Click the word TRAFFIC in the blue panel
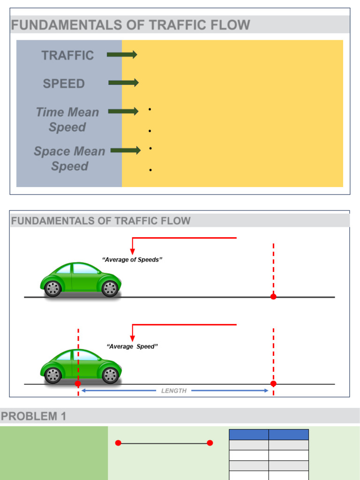pyautogui.click(x=67, y=55)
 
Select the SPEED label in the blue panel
pyautogui.click(x=64, y=84)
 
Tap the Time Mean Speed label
pyautogui.click(x=67, y=120)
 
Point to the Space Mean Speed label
pyautogui.click(x=69, y=158)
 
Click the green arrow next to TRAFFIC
pyautogui.click(x=122, y=55)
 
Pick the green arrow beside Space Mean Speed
pyautogui.click(x=126, y=150)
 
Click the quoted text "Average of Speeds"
pyautogui.click(x=132, y=260)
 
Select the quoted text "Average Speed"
pyautogui.click(x=132, y=346)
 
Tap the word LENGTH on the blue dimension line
pyautogui.click(x=174, y=390)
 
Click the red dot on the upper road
pyautogui.click(x=273, y=297)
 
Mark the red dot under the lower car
pyautogui.click(x=78, y=383)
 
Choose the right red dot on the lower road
pyautogui.click(x=273, y=383)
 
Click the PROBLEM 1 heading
pyautogui.click(x=34, y=416)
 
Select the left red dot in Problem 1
pyautogui.click(x=118, y=443)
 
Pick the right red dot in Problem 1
pyautogui.click(x=210, y=443)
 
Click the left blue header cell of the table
pyautogui.click(x=248, y=435)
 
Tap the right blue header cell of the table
pyautogui.click(x=288, y=435)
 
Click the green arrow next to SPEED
pyautogui.click(x=123, y=83)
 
